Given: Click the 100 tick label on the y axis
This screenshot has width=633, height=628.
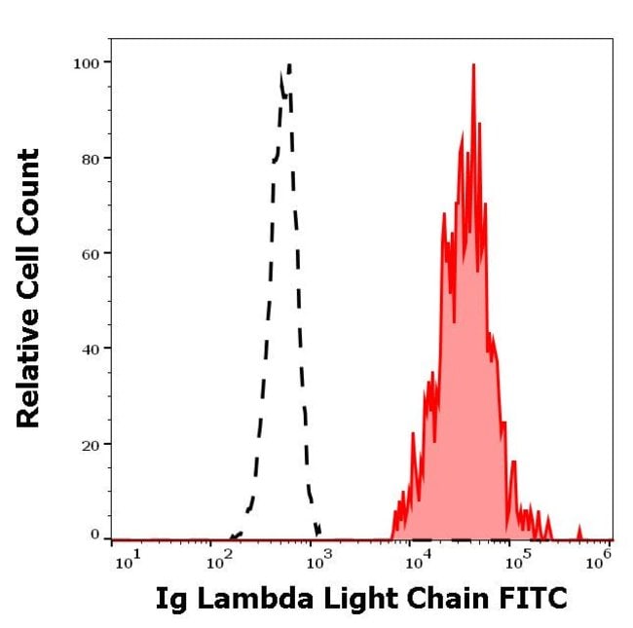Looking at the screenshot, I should pos(88,62).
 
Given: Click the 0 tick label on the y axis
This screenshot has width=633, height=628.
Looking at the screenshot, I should pos(95,535).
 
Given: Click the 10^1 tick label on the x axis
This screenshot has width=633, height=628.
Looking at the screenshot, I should pos(127,562).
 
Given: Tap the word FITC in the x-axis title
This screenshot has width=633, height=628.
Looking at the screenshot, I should pos(534,598).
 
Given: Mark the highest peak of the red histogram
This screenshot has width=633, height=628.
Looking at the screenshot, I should pos(473,65).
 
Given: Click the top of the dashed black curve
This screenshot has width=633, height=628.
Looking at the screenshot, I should pos(289,65).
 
